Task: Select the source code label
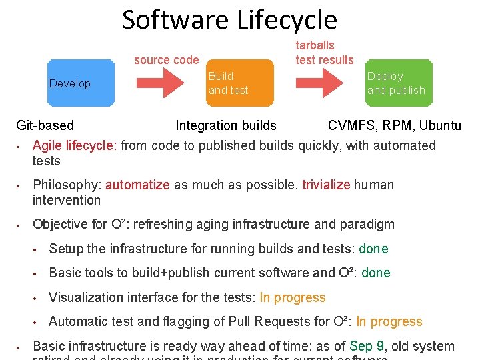point(166,60)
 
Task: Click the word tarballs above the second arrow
point(315,45)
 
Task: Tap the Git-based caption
point(45,125)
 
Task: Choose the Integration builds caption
point(225,125)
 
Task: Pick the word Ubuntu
point(438,125)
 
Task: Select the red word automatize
point(137,185)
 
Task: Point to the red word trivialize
point(326,185)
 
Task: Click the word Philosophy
point(67,185)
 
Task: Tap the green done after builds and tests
point(373,249)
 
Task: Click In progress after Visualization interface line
point(293,297)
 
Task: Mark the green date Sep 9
point(367,346)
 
